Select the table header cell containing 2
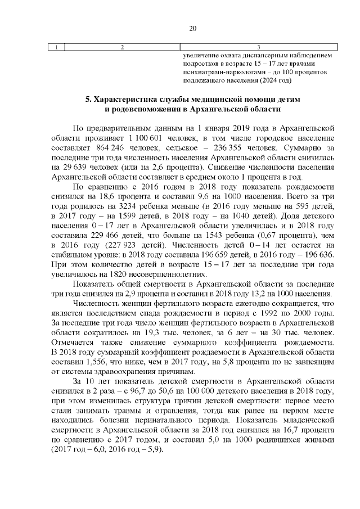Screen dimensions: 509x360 pos(122,47)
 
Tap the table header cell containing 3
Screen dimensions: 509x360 pos(258,47)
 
